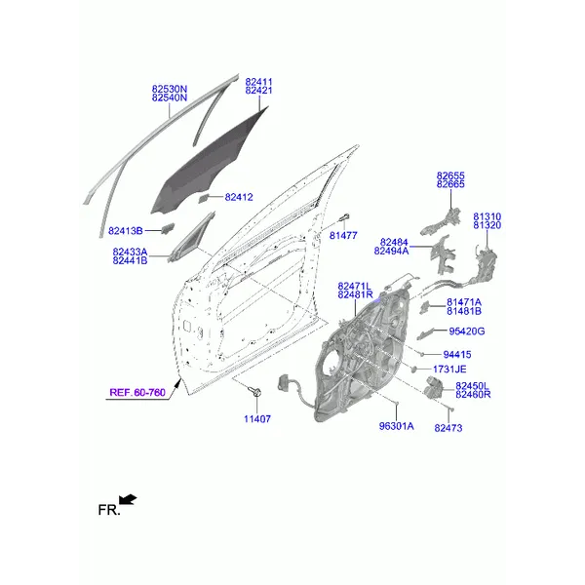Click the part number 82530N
click(x=170, y=89)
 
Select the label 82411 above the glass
click(x=259, y=82)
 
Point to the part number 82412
click(x=239, y=197)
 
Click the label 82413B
click(x=126, y=231)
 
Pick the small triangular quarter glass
click(x=191, y=237)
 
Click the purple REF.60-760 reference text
click(x=137, y=393)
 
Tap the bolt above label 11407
click(x=256, y=392)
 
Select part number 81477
click(x=343, y=235)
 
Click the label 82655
click(x=450, y=175)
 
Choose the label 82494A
click(x=391, y=252)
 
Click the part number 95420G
click(x=467, y=331)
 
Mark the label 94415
click(x=457, y=355)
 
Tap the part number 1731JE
click(x=449, y=370)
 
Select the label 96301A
click(x=396, y=426)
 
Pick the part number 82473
click(x=448, y=428)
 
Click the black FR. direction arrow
click(x=128, y=499)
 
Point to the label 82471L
click(x=355, y=286)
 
